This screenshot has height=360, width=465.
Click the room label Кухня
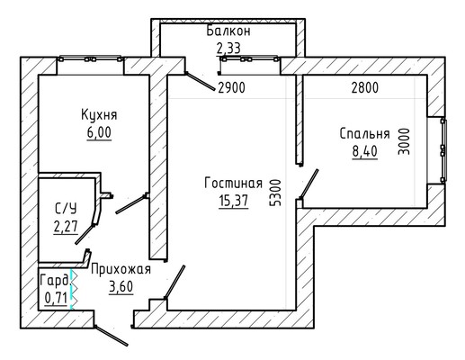click(x=99, y=115)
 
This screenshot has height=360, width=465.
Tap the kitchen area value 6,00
click(x=99, y=132)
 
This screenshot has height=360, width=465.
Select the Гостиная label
click(x=233, y=183)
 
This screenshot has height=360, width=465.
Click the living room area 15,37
click(x=234, y=201)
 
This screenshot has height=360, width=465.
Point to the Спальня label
click(x=364, y=134)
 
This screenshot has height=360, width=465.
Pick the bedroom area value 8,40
click(x=364, y=151)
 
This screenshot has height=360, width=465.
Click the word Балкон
click(x=228, y=31)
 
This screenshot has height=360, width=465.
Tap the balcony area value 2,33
click(x=228, y=48)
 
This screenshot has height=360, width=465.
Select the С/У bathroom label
click(x=66, y=208)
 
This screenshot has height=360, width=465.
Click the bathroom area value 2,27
click(x=66, y=226)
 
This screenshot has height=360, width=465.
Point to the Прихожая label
click(x=121, y=269)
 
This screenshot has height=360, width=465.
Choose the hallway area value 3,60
click(x=121, y=287)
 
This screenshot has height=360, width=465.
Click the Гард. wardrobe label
click(x=54, y=281)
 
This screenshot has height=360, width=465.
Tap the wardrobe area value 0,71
click(x=56, y=298)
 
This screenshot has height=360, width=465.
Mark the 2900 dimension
click(x=231, y=87)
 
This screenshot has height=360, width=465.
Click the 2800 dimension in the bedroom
click(x=365, y=87)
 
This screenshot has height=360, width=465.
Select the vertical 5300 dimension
click(x=275, y=193)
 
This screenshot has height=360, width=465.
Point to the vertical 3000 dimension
click(x=404, y=141)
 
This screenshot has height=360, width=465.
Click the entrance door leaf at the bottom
click(x=112, y=336)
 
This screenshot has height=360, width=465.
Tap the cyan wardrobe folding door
click(x=72, y=289)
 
